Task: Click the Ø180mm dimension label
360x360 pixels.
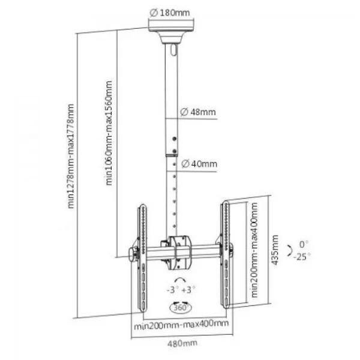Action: [x=170, y=13]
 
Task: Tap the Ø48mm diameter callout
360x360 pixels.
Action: [x=198, y=112]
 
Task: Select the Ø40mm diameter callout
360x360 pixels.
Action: [x=199, y=164]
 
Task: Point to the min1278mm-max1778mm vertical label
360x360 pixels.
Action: [x=71, y=156]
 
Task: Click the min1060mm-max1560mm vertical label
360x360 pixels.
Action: [x=109, y=133]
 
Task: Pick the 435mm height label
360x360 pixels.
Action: [x=275, y=250]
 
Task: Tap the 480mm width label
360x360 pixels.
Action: [x=182, y=343]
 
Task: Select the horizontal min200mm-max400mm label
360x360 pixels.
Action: [x=181, y=325]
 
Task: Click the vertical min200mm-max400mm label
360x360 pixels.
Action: [x=254, y=250]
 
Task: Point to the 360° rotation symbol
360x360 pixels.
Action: [x=181, y=307]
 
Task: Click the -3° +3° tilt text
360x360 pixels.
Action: [x=181, y=290]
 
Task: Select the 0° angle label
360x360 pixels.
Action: [x=304, y=245]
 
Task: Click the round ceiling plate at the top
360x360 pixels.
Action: [x=171, y=26]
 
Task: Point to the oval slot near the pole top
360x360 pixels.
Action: [x=174, y=50]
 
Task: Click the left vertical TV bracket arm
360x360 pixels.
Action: [x=142, y=257]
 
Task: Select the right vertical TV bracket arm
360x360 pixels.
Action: [x=226, y=254]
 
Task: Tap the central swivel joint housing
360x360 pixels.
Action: [x=179, y=253]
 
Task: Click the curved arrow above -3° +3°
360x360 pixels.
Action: [x=180, y=280]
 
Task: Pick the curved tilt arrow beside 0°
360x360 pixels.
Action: [x=290, y=250]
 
